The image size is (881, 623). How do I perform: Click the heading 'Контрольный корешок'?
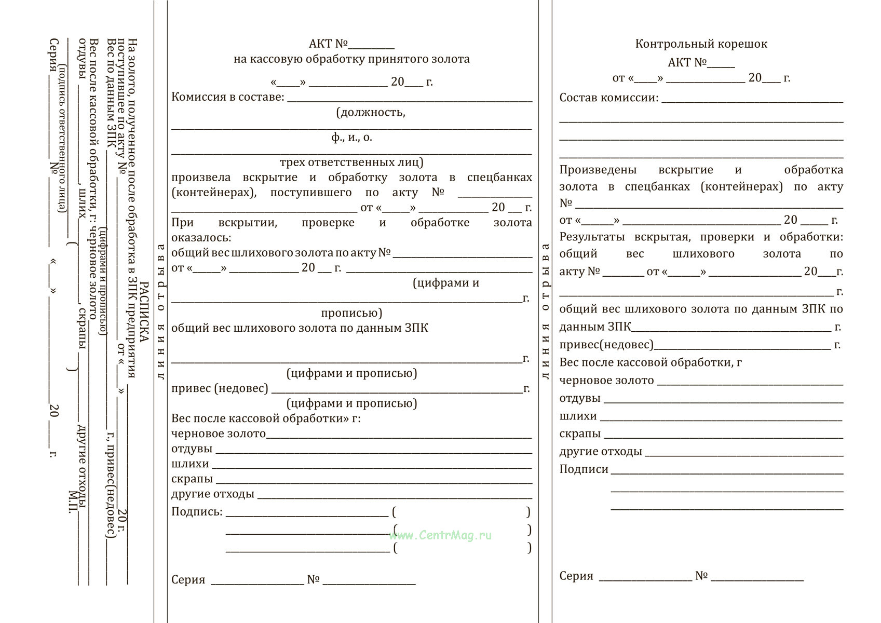pyautogui.click(x=701, y=44)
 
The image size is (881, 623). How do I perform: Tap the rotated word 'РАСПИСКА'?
pyautogui.click(x=144, y=311)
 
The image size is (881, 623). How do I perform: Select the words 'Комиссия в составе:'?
pyautogui.click(x=228, y=97)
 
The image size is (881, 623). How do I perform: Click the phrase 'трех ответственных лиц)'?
pyautogui.click(x=351, y=162)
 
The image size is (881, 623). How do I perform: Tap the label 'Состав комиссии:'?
pyautogui.click(x=608, y=98)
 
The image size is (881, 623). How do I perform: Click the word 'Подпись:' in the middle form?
pyautogui.click(x=197, y=512)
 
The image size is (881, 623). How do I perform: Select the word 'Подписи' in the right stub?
pyautogui.click(x=584, y=469)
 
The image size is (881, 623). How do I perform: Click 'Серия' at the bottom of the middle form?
pyautogui.click(x=188, y=580)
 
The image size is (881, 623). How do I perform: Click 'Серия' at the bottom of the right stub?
pyautogui.click(x=576, y=576)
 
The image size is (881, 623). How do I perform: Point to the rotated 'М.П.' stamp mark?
pyautogui.click(x=73, y=502)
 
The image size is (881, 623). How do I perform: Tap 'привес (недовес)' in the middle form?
pyautogui.click(x=220, y=388)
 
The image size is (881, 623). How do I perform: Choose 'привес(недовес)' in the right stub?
pyautogui.click(x=606, y=345)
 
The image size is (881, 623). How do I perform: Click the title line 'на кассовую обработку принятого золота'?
pyautogui.click(x=351, y=59)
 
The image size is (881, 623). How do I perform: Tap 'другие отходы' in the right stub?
pyautogui.click(x=600, y=452)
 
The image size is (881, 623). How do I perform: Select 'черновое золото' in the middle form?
pyautogui.click(x=218, y=434)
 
